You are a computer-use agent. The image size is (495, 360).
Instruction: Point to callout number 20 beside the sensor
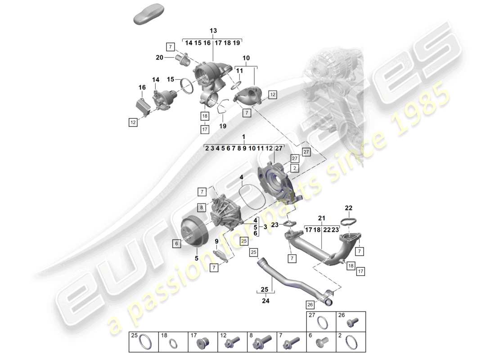(x=159, y=57)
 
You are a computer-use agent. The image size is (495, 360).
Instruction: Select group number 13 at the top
(x=213, y=30)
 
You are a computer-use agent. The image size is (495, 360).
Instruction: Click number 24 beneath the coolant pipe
(x=265, y=301)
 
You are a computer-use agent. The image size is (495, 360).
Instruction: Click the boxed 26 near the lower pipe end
(x=310, y=304)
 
